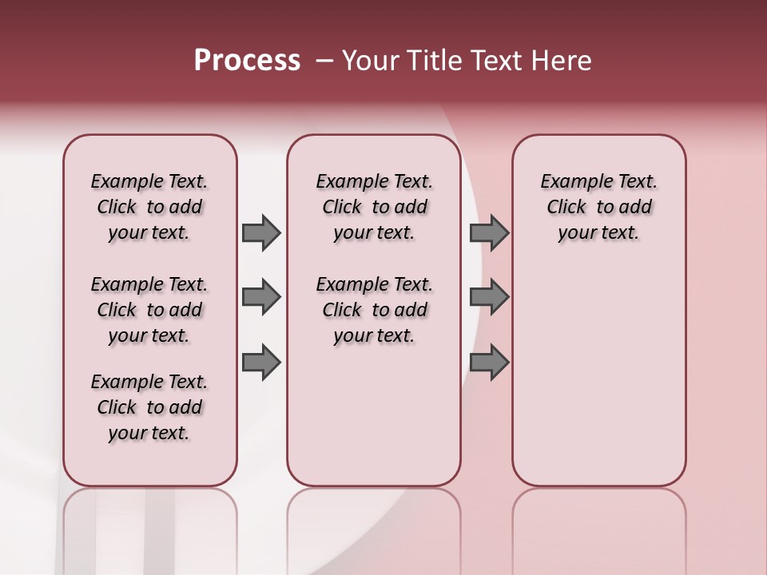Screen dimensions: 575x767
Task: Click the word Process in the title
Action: tap(247, 60)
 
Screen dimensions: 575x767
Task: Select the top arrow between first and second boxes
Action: tap(261, 232)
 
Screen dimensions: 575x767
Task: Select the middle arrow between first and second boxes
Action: tap(261, 297)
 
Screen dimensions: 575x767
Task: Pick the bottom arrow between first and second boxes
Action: tap(261, 363)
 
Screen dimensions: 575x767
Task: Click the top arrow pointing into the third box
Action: tap(489, 232)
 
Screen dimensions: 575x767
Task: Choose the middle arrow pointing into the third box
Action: tap(489, 297)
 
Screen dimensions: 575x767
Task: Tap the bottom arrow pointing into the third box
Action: tap(489, 363)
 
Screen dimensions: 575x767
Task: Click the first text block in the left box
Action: tap(149, 207)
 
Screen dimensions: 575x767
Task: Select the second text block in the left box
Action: tap(149, 310)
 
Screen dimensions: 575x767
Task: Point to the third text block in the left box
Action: tap(149, 407)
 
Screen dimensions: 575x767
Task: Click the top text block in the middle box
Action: tap(374, 207)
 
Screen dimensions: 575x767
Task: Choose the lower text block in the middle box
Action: tap(374, 310)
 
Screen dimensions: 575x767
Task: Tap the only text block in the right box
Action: tap(598, 207)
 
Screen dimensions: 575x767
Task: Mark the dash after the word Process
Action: tap(324, 61)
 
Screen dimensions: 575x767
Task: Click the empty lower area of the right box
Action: tap(598, 383)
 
